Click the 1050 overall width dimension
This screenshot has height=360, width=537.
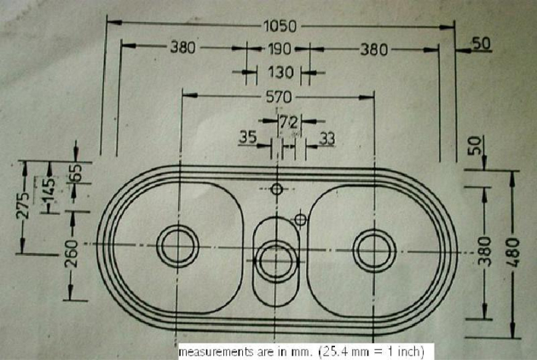point(280,26)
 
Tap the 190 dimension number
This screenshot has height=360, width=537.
point(279,49)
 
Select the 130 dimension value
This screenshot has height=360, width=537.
point(280,73)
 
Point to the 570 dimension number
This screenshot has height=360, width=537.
point(279,97)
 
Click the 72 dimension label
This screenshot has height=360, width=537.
point(289,122)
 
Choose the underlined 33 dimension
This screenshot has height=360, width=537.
point(326,139)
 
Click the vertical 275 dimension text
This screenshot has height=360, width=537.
point(23,206)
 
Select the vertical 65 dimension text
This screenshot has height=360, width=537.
point(77,172)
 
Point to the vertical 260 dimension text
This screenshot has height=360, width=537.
point(72,253)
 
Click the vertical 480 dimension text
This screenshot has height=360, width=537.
point(513,253)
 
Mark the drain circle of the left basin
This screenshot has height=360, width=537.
point(177,246)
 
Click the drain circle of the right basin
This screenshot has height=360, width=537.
point(374,251)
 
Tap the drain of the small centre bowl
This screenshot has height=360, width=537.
point(276,261)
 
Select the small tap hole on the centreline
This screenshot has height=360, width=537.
point(277,189)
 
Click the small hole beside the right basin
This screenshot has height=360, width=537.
point(300,219)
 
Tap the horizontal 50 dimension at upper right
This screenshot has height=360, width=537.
point(482,44)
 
